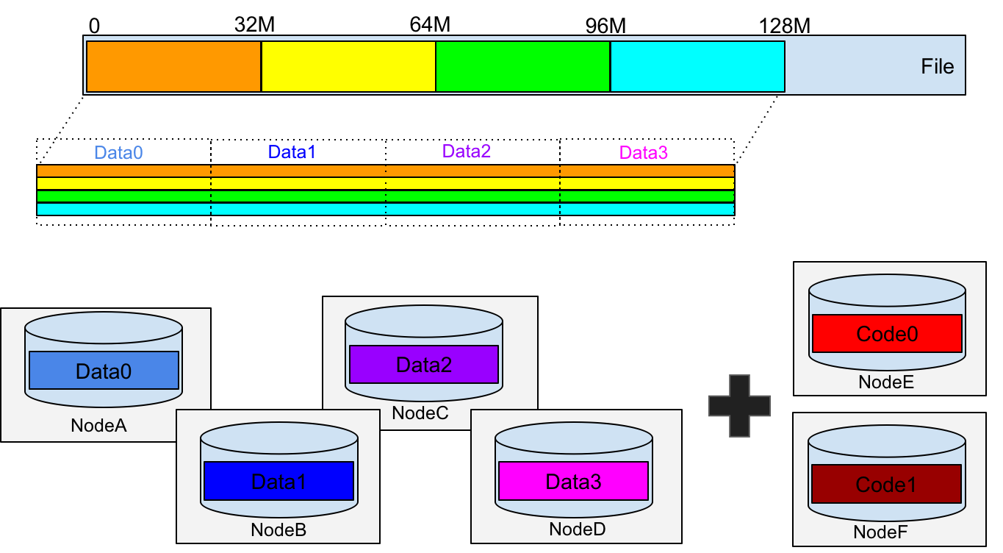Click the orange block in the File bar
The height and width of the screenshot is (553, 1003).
[x=173, y=66]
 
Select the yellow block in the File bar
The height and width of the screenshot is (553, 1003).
[x=348, y=66]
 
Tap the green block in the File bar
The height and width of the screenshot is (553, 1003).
[x=522, y=66]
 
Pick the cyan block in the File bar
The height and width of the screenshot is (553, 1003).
[x=697, y=66]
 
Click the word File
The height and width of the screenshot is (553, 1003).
[x=937, y=67]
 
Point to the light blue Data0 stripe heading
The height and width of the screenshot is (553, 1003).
[x=118, y=153]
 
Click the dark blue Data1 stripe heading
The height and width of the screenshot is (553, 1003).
[x=292, y=152]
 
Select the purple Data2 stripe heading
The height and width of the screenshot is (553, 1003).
[x=467, y=151]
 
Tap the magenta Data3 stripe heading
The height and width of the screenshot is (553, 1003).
[x=643, y=153]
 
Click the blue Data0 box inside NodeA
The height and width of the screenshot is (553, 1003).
[x=104, y=371]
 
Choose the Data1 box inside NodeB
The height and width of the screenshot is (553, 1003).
[x=278, y=481]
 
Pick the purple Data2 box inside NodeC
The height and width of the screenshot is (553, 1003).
[x=424, y=365]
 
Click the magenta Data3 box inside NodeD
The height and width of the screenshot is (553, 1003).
[x=573, y=481]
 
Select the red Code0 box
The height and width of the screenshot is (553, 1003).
[x=887, y=334]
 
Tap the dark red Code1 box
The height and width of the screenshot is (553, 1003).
[x=886, y=485]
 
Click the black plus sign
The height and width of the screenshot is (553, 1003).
[x=739, y=406]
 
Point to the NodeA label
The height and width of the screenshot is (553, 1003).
[x=98, y=425]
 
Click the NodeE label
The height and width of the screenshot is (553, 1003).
[x=886, y=382]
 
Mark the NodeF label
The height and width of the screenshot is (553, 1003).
[x=880, y=532]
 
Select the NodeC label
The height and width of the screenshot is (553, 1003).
[x=420, y=413]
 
